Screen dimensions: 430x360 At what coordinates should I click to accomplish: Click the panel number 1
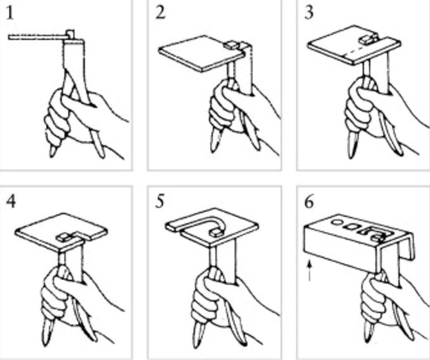click(x=9, y=13)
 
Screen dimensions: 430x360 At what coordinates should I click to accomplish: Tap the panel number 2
click(x=161, y=13)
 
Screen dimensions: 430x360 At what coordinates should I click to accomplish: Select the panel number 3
click(x=309, y=13)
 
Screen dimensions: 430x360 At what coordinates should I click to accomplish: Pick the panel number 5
click(x=160, y=201)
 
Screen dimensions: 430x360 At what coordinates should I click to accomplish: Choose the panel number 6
click(x=309, y=202)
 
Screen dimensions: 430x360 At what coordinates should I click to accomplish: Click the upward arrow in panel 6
click(x=310, y=270)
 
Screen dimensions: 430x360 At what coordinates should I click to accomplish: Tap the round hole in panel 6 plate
click(x=336, y=223)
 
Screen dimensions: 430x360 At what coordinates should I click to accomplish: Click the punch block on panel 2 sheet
click(x=230, y=45)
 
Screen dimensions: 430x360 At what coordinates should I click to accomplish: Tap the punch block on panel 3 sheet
click(x=368, y=39)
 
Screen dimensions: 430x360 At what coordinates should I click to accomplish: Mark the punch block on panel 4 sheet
click(x=64, y=236)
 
